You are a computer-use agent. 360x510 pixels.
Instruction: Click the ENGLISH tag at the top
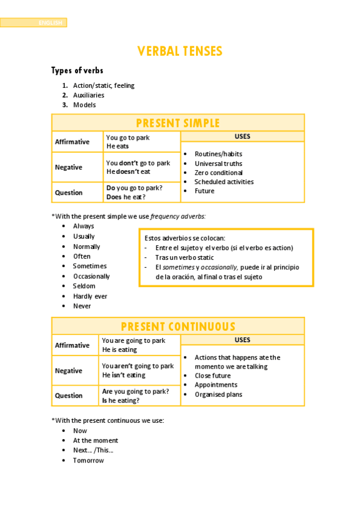tap(50, 23)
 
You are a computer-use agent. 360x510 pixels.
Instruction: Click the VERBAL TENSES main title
tap(180, 51)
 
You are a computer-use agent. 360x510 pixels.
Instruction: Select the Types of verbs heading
tap(77, 71)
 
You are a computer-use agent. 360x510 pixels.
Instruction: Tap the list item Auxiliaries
tap(88, 95)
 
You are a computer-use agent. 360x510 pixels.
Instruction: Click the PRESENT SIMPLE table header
tap(178, 123)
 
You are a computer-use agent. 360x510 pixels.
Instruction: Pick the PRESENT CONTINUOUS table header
tap(178, 327)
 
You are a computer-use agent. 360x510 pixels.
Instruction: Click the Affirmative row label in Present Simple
tap(72, 142)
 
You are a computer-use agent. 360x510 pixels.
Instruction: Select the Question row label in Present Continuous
tap(69, 396)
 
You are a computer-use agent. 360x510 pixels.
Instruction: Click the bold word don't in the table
tap(129, 163)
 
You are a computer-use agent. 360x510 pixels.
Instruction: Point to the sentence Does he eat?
tap(126, 197)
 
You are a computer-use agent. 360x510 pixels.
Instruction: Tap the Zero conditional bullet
tap(219, 173)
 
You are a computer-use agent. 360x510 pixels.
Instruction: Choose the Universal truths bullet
tap(218, 164)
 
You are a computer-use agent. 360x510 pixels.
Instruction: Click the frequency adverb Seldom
tap(84, 286)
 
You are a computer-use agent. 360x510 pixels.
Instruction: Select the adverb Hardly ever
tap(90, 296)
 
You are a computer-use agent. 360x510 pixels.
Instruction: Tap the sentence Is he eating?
tap(121, 401)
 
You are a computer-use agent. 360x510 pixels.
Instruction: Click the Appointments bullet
tap(216, 385)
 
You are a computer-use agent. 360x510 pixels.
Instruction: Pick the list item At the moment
tap(96, 441)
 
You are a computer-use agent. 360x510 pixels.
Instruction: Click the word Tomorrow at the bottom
tap(88, 461)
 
